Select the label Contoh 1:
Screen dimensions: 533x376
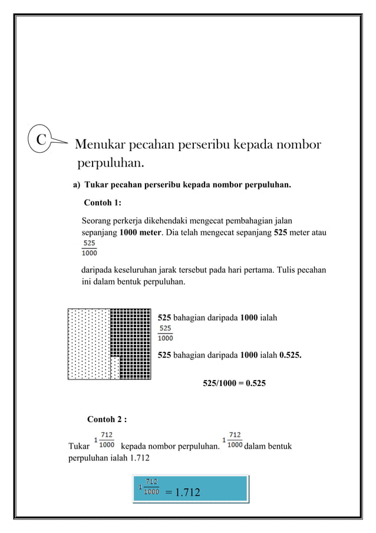(103, 203)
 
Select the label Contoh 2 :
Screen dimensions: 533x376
(107, 420)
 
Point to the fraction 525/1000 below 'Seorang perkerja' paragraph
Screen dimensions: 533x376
(90, 248)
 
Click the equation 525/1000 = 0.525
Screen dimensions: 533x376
(234, 383)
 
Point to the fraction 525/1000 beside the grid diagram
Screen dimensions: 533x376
(166, 333)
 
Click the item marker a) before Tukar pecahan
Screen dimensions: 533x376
(77, 185)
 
